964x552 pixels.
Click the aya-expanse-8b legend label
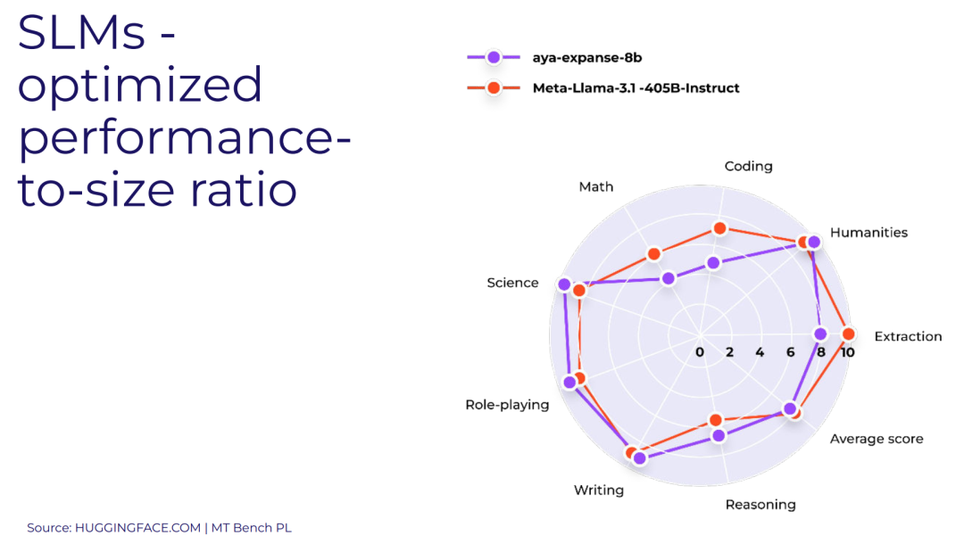tap(587, 58)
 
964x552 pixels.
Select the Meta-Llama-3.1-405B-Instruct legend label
tap(636, 87)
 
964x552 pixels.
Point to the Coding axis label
tap(748, 166)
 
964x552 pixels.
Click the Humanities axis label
tap(868, 233)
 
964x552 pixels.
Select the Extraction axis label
tap(908, 336)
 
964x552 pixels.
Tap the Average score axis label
tap(877, 439)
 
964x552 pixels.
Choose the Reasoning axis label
tap(760, 505)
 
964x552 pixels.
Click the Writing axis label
tap(598, 490)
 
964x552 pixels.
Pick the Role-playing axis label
tap(507, 405)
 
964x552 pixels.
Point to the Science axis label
tap(512, 283)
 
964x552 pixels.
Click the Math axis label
tap(595, 186)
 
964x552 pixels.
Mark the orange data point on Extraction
tap(849, 334)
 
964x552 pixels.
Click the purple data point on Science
tap(564, 284)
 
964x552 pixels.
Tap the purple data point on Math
tap(669, 279)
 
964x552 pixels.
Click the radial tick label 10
tap(848, 352)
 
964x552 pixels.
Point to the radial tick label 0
tap(700, 352)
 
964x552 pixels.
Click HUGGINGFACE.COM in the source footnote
tap(138, 528)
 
